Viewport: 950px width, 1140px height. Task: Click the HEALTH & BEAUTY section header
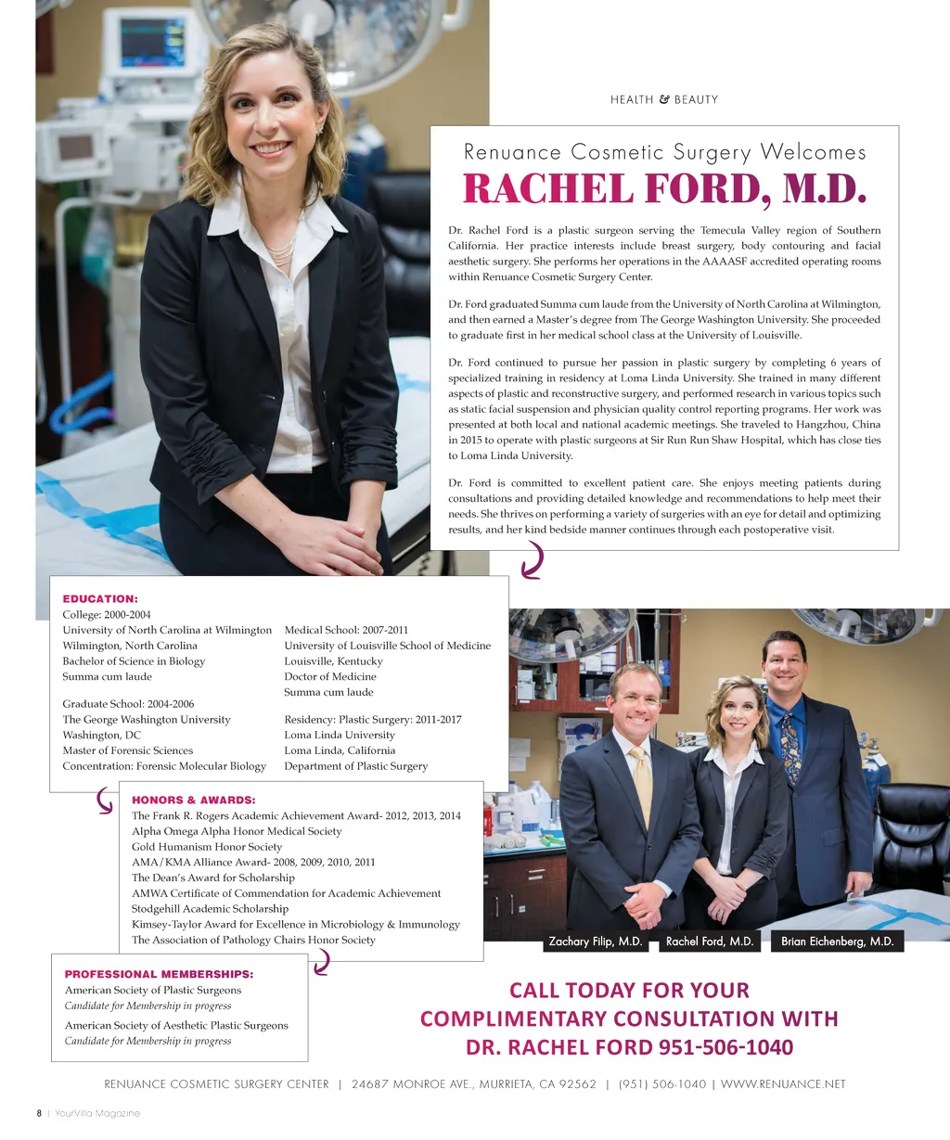point(664,99)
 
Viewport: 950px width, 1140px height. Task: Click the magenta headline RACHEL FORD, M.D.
point(664,189)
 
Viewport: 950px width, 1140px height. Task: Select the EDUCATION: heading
point(100,599)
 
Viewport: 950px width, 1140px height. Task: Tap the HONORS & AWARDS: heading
point(194,800)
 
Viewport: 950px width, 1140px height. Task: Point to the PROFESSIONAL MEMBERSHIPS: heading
point(159,974)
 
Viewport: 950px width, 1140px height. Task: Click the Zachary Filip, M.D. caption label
point(596,941)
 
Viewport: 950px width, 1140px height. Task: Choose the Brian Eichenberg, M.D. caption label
point(837,941)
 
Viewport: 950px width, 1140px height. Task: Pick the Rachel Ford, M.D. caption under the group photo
point(710,941)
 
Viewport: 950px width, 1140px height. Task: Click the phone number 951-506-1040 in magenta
point(726,1047)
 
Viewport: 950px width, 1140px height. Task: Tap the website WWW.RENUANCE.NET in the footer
point(783,1083)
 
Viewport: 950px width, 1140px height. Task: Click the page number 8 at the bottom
point(39,1113)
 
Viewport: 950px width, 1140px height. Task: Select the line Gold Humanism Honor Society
point(207,847)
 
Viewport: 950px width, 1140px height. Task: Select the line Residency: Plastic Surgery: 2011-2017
point(372,720)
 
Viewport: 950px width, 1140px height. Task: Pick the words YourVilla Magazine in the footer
point(97,1113)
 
